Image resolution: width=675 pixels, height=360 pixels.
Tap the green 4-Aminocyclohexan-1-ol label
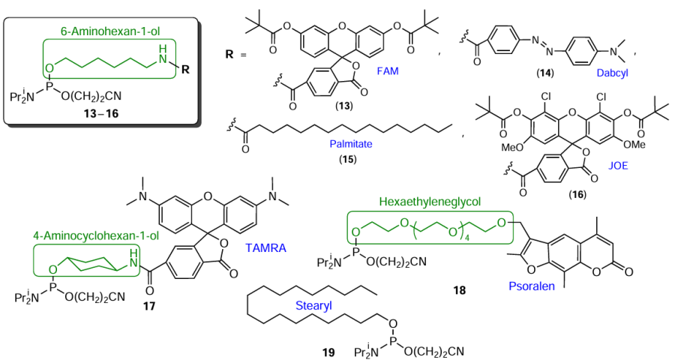tap(86, 235)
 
